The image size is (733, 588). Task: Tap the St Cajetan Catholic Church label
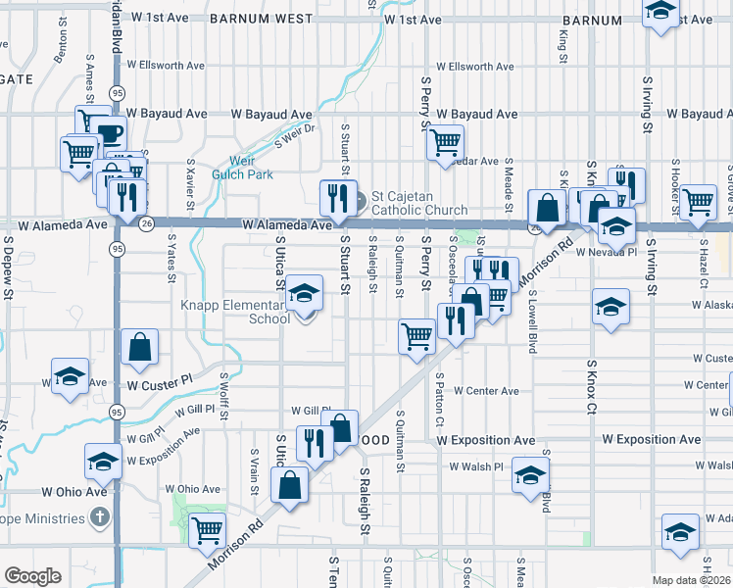point(412,203)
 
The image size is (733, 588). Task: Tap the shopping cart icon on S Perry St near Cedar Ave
point(446,143)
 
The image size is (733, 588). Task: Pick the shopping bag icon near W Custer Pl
point(140,347)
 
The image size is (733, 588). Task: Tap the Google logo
point(31,576)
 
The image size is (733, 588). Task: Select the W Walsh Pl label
point(475,466)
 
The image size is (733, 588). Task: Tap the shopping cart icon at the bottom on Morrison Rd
point(208,531)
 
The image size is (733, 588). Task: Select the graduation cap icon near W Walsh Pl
point(530,474)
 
